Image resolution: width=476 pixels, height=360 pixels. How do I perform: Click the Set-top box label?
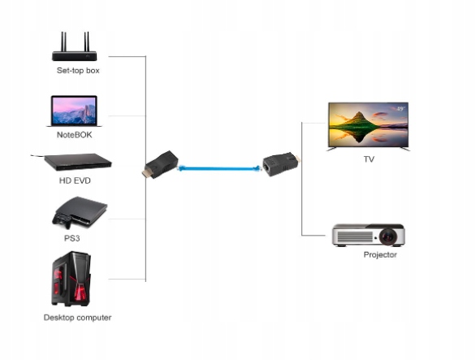click(x=78, y=71)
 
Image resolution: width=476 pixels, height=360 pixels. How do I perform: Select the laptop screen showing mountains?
click(x=75, y=111)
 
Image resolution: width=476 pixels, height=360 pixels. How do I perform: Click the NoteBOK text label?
click(x=75, y=135)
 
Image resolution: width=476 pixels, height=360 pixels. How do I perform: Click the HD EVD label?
click(x=75, y=180)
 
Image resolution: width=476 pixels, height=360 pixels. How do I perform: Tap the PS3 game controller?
click(x=63, y=220)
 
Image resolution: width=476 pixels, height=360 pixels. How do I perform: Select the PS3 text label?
click(x=72, y=238)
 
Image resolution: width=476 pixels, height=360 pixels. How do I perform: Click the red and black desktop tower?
click(x=71, y=278)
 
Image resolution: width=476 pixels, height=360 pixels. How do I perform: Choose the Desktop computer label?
click(x=77, y=318)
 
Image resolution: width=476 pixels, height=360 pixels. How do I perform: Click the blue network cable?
click(x=219, y=168)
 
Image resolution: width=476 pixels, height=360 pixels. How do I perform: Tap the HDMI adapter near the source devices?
click(x=160, y=165)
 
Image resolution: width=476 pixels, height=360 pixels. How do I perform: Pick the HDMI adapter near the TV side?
click(x=281, y=164)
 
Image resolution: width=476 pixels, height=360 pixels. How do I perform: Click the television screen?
click(x=368, y=125)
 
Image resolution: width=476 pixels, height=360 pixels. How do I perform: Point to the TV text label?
click(x=369, y=159)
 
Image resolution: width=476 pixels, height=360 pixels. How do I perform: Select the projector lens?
click(x=388, y=236)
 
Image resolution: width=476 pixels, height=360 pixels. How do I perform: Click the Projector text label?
click(x=380, y=254)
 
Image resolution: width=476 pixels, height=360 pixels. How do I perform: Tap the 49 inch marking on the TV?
click(x=401, y=108)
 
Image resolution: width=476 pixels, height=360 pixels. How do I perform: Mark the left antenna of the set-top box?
click(x=63, y=41)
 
